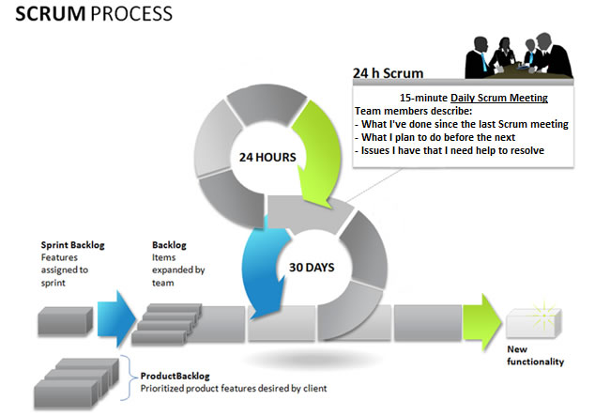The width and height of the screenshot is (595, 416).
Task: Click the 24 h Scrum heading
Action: pyautogui.click(x=388, y=72)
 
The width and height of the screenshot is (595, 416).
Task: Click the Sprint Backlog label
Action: pyautogui.click(x=72, y=245)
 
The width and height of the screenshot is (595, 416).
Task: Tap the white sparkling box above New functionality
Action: pyautogui.click(x=536, y=319)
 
